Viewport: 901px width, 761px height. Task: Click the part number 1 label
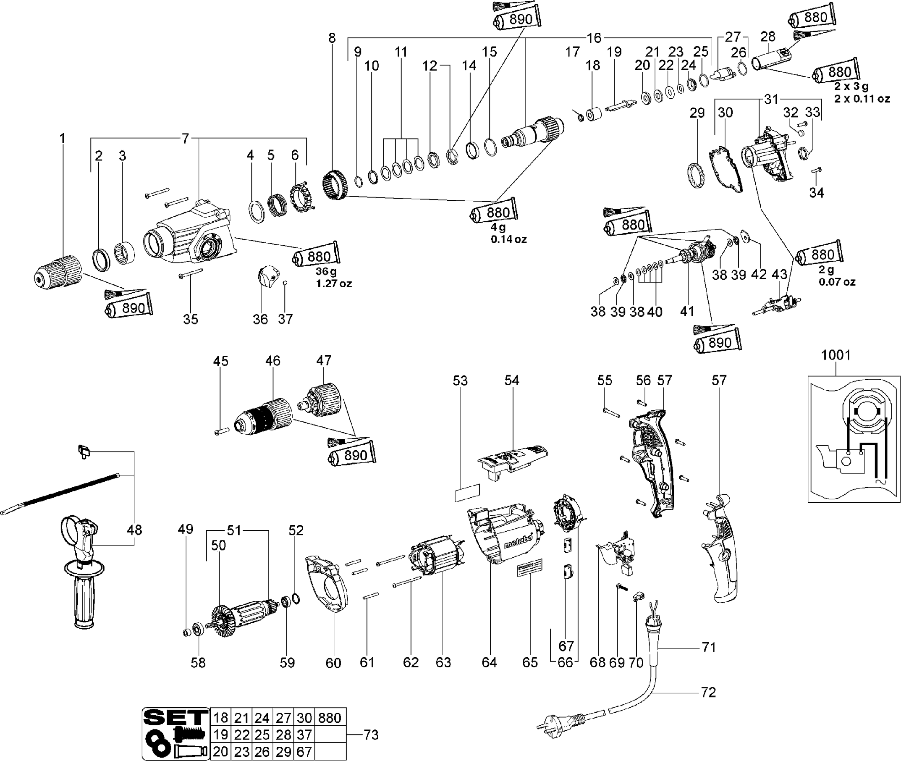[62, 139]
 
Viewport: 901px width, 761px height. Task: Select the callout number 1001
[836, 355]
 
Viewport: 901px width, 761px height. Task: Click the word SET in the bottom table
[176, 717]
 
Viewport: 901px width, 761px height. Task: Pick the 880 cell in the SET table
[330, 718]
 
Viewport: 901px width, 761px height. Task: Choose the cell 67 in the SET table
[304, 751]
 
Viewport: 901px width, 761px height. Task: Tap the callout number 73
[371, 735]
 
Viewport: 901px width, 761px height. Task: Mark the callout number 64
[489, 662]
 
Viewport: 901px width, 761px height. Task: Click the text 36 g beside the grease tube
[326, 271]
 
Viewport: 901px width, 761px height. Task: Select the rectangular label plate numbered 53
[467, 493]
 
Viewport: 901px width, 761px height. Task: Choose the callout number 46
[272, 361]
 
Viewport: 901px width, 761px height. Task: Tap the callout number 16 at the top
[594, 38]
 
